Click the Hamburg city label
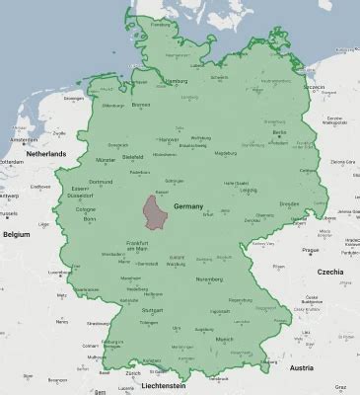tap(177, 81)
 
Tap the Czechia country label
tap(327, 271)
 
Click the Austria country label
tap(330, 366)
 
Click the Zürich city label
tap(133, 373)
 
